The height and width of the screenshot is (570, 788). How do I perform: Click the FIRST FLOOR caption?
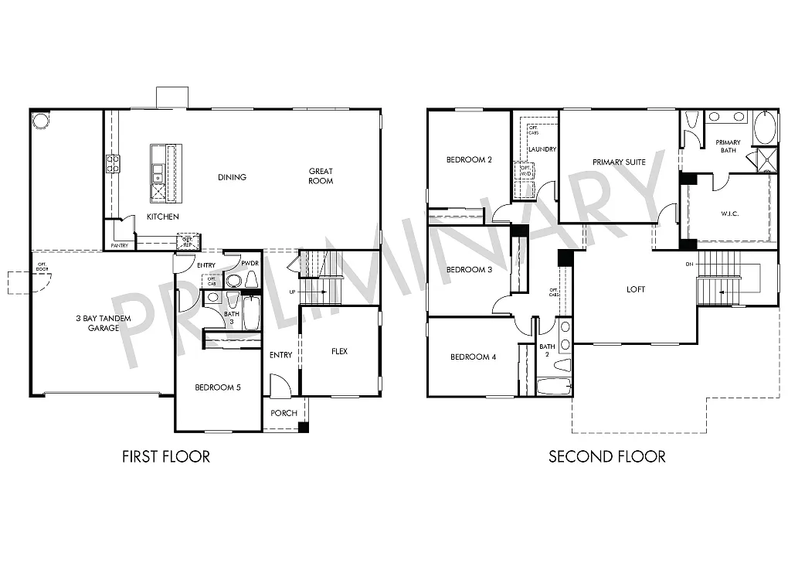[166, 456]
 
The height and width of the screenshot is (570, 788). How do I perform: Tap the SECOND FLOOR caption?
[606, 456]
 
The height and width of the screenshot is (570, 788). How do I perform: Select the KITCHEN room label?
[163, 217]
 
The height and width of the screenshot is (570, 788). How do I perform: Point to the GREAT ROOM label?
[321, 176]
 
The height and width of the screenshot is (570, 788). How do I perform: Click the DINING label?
[232, 177]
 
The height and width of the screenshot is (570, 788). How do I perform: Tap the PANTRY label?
[119, 245]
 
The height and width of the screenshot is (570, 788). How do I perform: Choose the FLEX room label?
[339, 351]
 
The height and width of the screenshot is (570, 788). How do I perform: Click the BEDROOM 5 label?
[218, 387]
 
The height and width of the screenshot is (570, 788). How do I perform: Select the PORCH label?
[284, 413]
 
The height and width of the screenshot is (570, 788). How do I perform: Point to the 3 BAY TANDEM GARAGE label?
[103, 323]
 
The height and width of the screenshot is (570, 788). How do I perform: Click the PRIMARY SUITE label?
[619, 162]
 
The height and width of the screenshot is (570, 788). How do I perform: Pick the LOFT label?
[636, 290]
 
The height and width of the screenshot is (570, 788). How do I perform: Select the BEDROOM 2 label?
[469, 160]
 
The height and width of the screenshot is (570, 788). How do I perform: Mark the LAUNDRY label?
[542, 149]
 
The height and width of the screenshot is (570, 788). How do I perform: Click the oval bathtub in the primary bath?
[765, 128]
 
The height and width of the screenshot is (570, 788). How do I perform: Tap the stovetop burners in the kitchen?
[113, 163]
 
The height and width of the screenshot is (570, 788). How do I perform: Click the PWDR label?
[249, 264]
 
